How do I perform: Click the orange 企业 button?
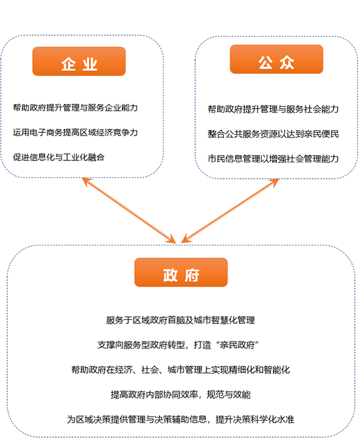[x=79, y=62]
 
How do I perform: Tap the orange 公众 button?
[x=276, y=60]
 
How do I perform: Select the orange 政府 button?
[x=181, y=272]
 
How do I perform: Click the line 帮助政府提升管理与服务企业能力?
[x=75, y=108]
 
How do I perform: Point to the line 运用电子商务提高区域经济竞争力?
[x=75, y=133]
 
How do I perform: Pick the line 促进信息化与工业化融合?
[x=58, y=157]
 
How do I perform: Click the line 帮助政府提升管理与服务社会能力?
[x=273, y=109]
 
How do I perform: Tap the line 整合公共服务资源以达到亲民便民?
[x=273, y=134]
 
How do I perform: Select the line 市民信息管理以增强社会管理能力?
[x=273, y=158]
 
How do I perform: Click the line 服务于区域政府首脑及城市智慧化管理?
[x=180, y=321]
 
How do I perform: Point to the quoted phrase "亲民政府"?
[x=238, y=345]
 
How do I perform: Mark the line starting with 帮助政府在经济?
[x=181, y=370]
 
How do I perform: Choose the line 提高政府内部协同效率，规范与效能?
[x=181, y=395]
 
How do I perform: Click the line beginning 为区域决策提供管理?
[x=181, y=419]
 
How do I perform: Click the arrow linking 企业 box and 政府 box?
[x=129, y=211]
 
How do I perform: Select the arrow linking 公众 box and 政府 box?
[x=230, y=211]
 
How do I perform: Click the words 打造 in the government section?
[x=202, y=345]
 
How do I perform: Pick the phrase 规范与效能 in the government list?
[x=229, y=395]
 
